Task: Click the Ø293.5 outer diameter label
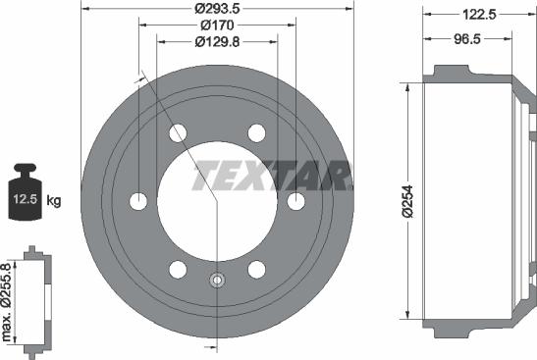point(218,10)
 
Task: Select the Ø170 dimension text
point(218,26)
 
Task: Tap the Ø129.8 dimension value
point(218,41)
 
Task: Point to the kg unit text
point(55,201)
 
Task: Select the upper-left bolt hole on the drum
point(178,132)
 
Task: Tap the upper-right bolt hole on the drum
point(256,132)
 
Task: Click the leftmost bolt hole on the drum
point(138,201)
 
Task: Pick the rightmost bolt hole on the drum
point(295,201)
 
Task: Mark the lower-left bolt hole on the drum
point(178,269)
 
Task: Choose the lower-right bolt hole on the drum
point(256,269)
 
